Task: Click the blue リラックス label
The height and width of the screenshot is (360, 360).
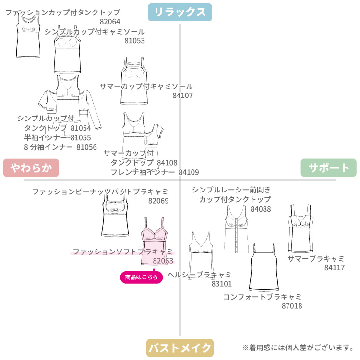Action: tap(180, 12)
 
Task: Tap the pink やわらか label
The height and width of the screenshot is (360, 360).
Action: tap(31, 168)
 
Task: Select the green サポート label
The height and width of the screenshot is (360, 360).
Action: tap(329, 168)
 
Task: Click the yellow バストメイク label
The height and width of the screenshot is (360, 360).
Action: tap(180, 348)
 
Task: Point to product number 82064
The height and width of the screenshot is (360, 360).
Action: tap(110, 22)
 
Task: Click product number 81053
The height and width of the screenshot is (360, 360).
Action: tap(134, 41)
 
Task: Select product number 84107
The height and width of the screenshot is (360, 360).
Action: tap(182, 96)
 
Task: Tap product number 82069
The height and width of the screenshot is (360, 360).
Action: tap(158, 201)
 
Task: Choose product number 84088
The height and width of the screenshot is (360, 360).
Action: tap(261, 209)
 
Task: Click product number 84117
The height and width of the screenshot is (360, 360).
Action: tap(335, 267)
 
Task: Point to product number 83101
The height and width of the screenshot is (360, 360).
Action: tap(221, 284)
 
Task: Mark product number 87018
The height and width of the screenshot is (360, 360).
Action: tap(292, 305)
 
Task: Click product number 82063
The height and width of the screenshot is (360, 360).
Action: tap(163, 261)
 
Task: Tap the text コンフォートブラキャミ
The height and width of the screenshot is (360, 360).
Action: tap(262, 296)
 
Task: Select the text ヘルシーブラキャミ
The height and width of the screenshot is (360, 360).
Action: tap(200, 275)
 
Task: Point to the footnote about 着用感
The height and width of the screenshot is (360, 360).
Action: tap(298, 348)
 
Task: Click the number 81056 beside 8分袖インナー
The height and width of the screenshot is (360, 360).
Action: tap(86, 147)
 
